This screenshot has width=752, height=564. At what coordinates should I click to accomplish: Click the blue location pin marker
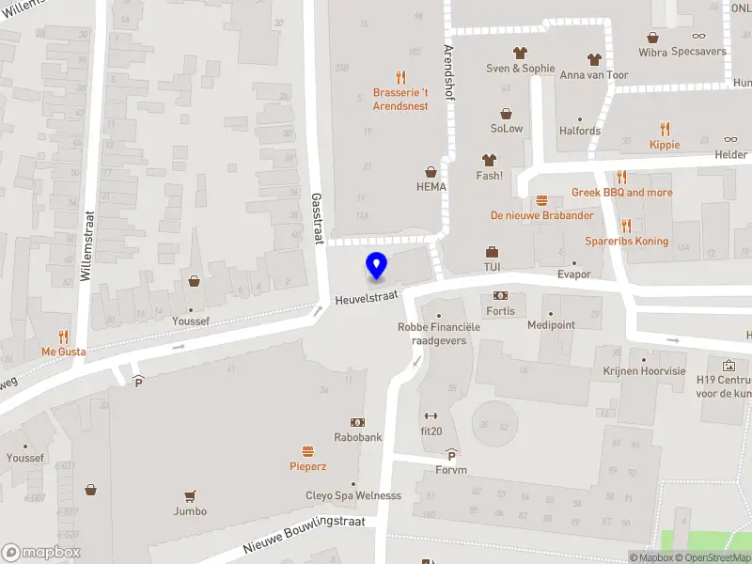(x=376, y=266)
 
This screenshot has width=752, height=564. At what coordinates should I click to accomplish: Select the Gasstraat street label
(x=318, y=218)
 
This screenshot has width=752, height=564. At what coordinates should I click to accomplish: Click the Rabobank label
(x=358, y=437)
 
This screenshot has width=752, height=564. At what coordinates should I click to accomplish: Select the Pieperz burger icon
(x=307, y=451)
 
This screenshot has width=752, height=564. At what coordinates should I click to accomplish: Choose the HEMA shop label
(x=431, y=186)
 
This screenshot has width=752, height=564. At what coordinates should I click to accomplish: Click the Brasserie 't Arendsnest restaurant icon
(x=400, y=77)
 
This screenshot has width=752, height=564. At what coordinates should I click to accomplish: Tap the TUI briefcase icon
(x=492, y=252)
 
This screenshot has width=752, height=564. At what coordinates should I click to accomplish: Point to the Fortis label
(x=500, y=311)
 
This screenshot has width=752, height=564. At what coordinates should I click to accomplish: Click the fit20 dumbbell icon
(x=431, y=415)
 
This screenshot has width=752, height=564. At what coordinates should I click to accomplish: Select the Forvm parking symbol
(x=451, y=455)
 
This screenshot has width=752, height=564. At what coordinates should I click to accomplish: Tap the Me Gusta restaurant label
(x=64, y=352)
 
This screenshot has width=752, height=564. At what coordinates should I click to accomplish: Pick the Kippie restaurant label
(x=665, y=145)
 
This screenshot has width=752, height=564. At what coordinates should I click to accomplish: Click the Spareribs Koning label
(x=626, y=242)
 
